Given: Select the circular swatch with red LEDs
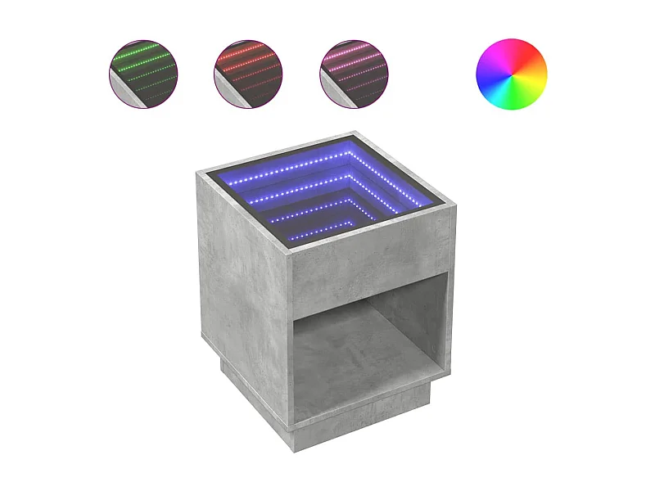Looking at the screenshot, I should (x=247, y=74).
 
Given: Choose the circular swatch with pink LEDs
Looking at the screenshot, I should (x=354, y=74).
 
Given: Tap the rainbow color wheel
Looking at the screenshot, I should (x=511, y=74).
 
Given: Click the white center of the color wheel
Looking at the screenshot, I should (x=511, y=74).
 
